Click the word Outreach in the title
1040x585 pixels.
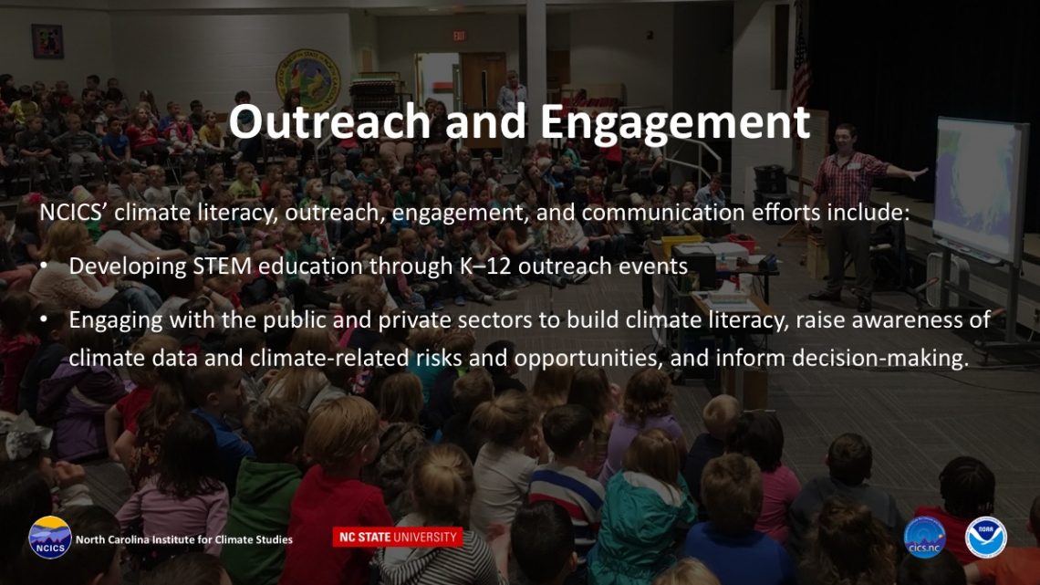click(329, 122)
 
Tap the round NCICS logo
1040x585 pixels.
click(50, 538)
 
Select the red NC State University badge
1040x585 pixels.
click(397, 537)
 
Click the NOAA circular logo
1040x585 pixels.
click(985, 538)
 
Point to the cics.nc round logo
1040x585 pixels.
click(924, 538)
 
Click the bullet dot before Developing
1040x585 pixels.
click(44, 266)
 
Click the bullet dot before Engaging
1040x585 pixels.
click(44, 319)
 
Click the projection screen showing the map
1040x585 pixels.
click(981, 190)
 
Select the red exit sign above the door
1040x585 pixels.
click(459, 36)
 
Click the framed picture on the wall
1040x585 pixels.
click(47, 41)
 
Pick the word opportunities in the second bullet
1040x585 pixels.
click(588, 359)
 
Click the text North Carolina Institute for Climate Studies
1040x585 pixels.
click(183, 539)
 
